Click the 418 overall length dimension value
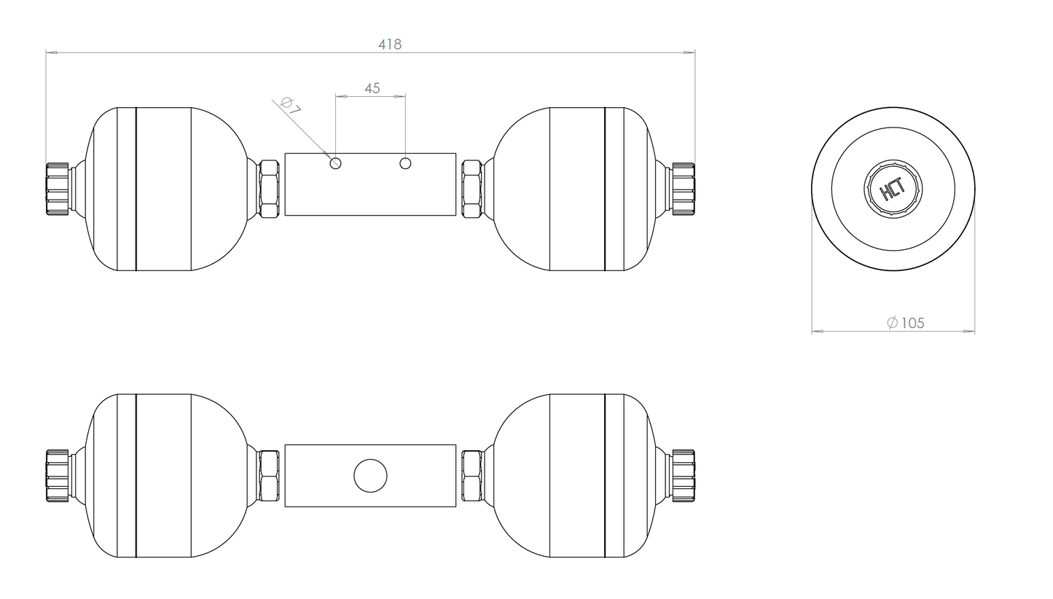tap(390, 44)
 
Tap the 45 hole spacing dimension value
tap(372, 88)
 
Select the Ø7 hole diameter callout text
tap(290, 106)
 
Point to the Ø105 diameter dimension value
tap(905, 323)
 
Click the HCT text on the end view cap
tap(893, 189)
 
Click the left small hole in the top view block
tap(336, 164)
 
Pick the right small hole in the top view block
tap(405, 164)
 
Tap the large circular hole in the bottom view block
tap(370, 475)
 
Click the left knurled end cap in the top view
tap(58, 189)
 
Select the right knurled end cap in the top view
tap(683, 189)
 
